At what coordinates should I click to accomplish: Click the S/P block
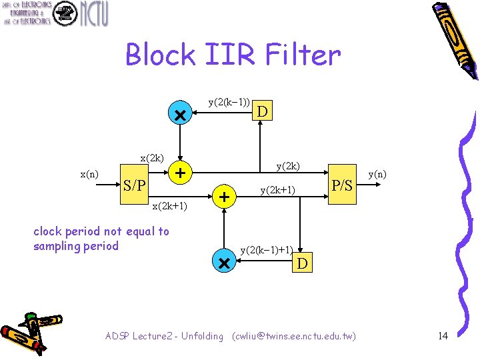coord(135,185)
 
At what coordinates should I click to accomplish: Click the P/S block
coord(342,185)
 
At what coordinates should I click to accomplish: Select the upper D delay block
coord(263,111)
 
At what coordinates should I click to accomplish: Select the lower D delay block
coord(302,263)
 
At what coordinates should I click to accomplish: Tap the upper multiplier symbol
coord(179,115)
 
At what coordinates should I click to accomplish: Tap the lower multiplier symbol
coord(223,263)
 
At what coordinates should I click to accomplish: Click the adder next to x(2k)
coord(179,173)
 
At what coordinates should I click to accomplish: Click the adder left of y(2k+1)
coord(225,197)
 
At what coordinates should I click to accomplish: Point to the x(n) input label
coord(89,175)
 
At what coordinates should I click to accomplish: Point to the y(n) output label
coord(377,175)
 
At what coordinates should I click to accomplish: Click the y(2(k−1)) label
coord(229,102)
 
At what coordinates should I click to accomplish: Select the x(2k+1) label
coord(169,206)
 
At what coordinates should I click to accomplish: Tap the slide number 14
coord(443,336)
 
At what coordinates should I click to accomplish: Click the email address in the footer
coord(294,336)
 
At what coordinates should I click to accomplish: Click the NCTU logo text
coord(93,13)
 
